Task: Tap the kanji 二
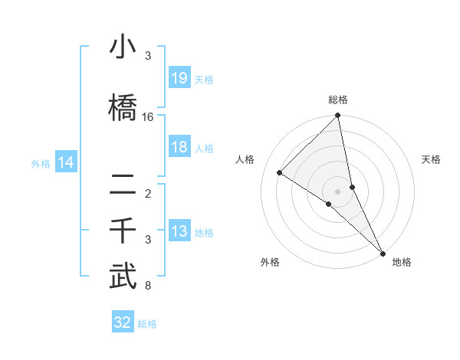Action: tap(123, 184)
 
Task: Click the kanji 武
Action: tap(123, 277)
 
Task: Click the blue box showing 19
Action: tap(179, 78)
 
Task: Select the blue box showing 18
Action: tap(179, 147)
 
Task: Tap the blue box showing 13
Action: tap(179, 232)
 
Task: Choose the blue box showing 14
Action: tap(65, 162)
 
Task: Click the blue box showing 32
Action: tap(123, 322)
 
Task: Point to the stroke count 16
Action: tap(148, 117)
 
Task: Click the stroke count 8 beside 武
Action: tap(147, 286)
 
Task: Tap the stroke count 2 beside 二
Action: tap(147, 193)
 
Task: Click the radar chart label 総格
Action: tap(338, 100)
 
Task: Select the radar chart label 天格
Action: tap(431, 159)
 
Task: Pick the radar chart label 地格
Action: tap(402, 262)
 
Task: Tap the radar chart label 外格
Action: tap(270, 262)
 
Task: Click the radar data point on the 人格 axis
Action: tap(280, 172)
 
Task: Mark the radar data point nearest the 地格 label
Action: tap(382, 252)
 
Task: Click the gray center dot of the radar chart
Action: tap(338, 191)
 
